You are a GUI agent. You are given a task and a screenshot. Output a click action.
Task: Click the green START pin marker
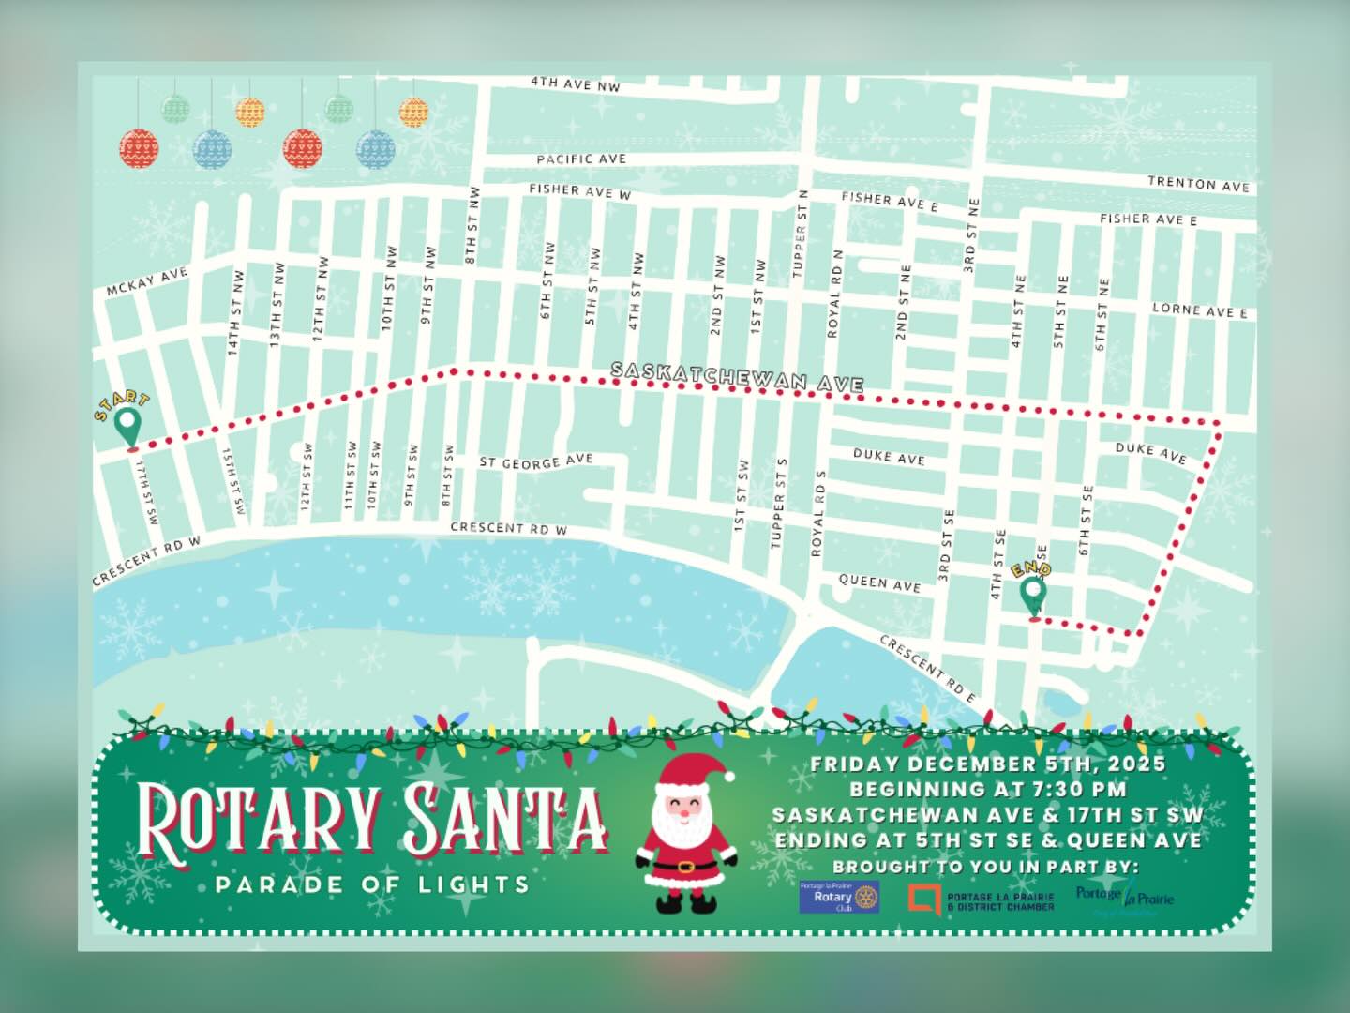(x=129, y=429)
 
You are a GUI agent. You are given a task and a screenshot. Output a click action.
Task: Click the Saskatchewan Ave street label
(x=737, y=377)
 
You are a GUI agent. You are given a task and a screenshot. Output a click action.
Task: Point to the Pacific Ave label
(x=581, y=159)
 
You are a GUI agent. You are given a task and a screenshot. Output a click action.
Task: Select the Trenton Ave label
(x=1199, y=184)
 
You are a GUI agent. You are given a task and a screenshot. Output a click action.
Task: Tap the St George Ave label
(x=536, y=461)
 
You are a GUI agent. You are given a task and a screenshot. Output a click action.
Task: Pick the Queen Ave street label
(x=879, y=583)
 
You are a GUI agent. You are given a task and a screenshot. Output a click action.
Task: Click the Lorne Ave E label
(x=1199, y=310)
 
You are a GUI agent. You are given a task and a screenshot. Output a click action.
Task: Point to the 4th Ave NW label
(x=576, y=84)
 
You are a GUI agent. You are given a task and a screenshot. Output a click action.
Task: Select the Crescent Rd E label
(x=926, y=668)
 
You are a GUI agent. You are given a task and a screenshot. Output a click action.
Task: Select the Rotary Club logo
(x=839, y=898)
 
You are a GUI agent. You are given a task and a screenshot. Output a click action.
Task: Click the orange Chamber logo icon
(x=924, y=899)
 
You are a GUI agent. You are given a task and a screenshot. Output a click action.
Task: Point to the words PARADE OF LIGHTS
(x=372, y=884)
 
